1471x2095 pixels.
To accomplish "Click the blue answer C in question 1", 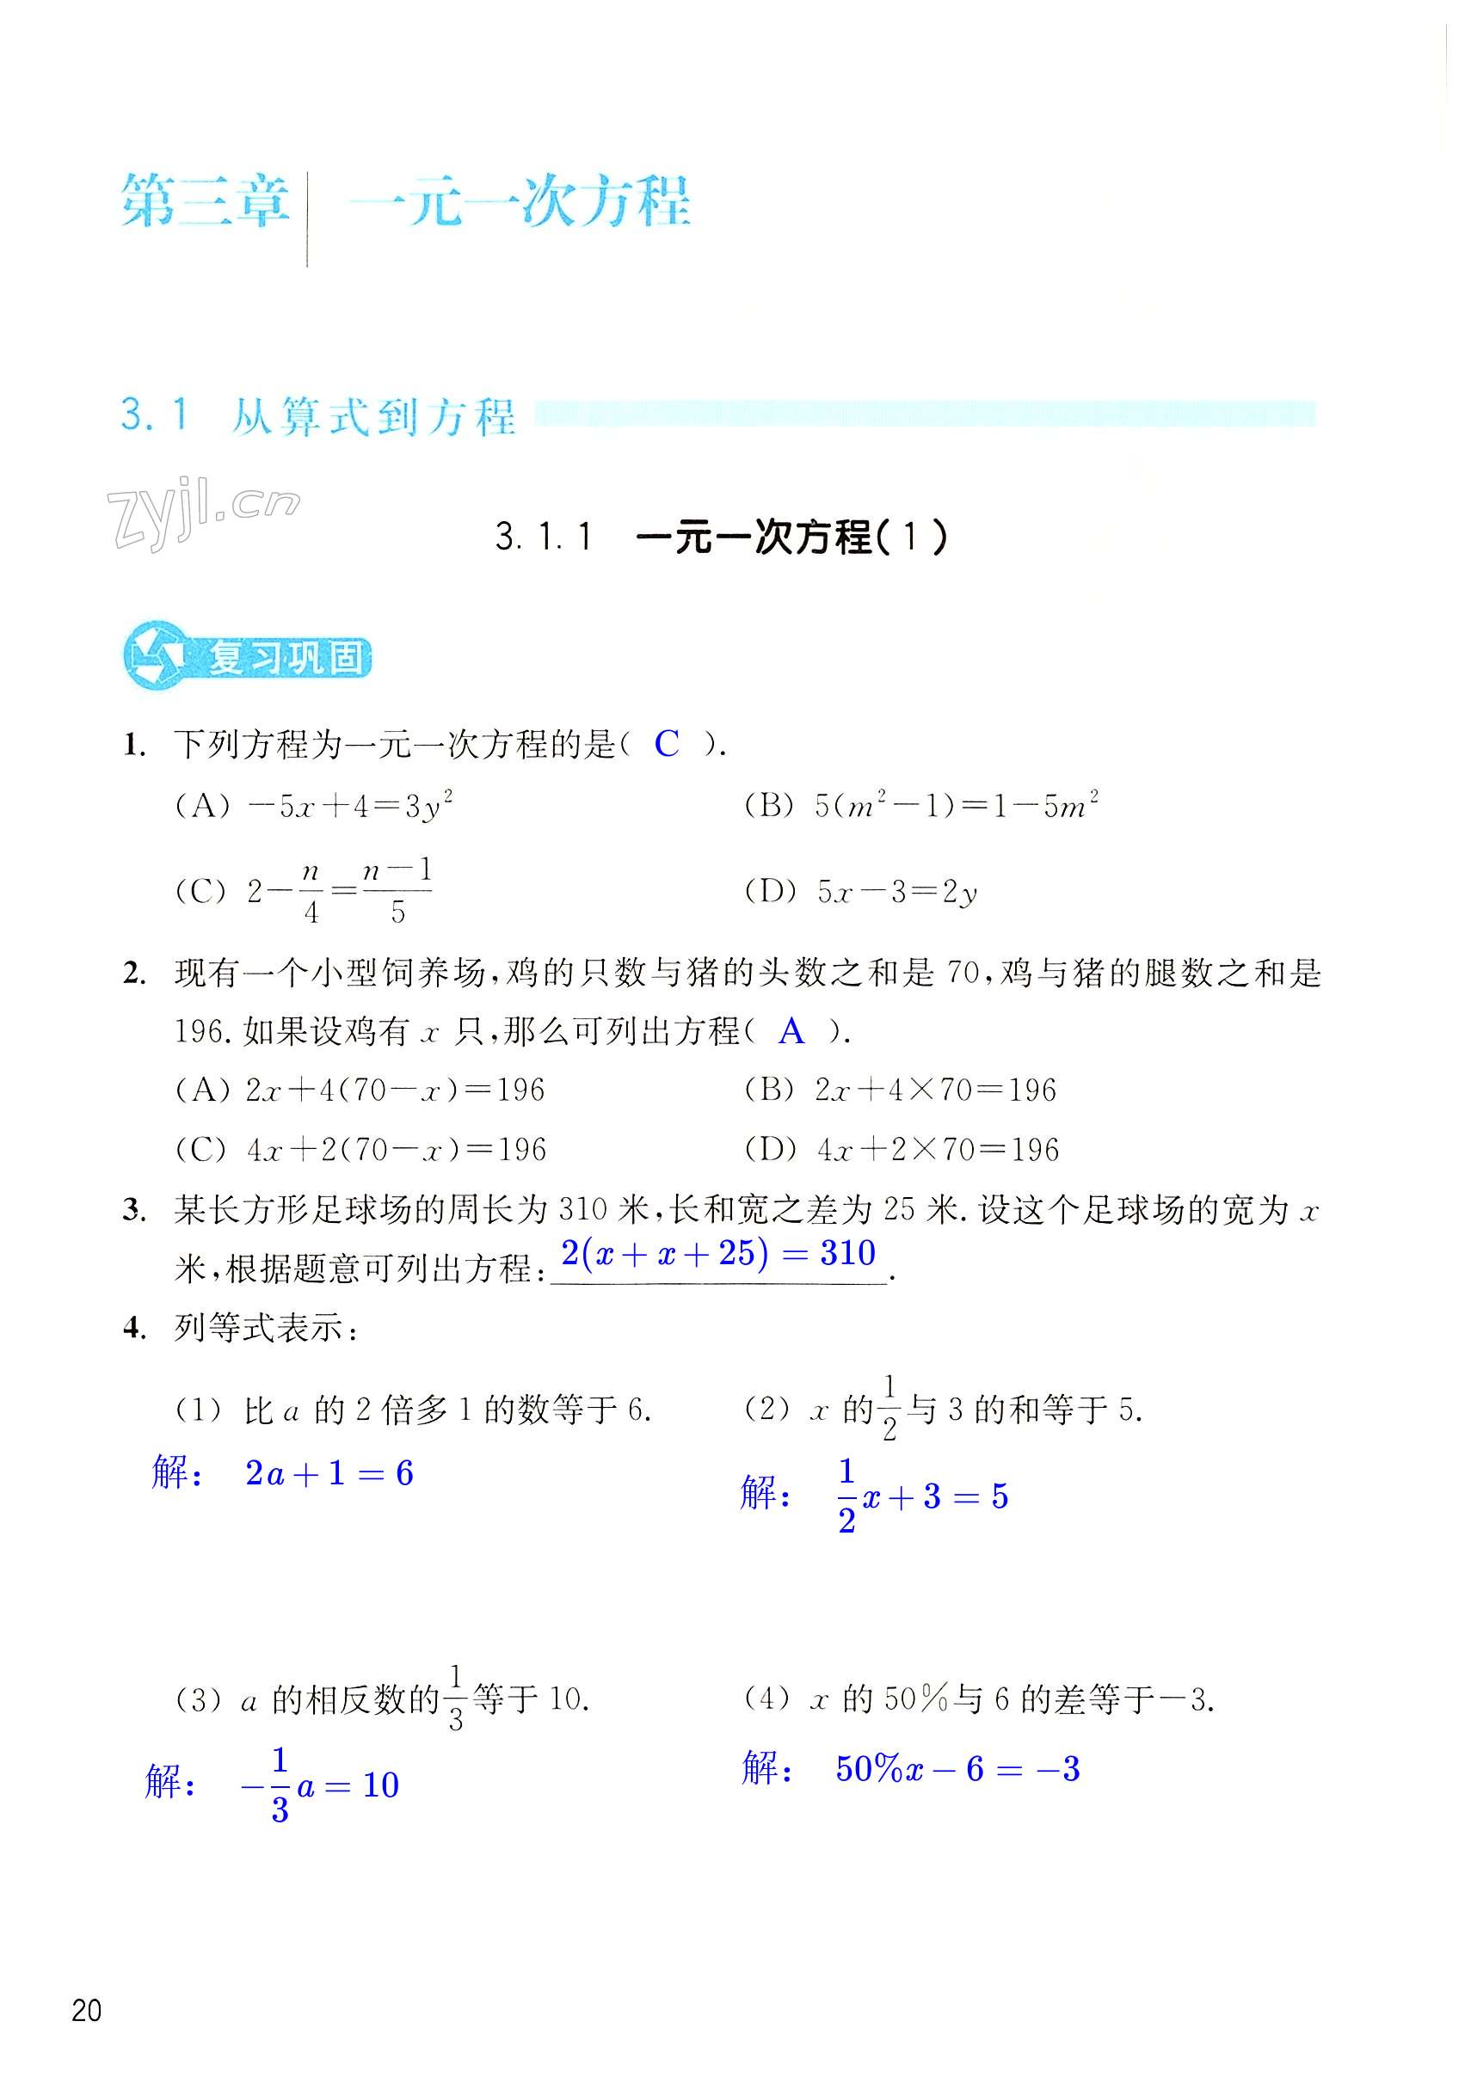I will click(x=667, y=745).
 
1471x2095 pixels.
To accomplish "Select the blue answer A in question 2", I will click(x=791, y=1032).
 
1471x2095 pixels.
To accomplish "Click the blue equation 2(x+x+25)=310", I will click(x=718, y=1254).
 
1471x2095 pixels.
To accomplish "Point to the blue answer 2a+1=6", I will click(x=329, y=1472).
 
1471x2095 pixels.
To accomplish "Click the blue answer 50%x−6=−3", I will click(x=957, y=1769).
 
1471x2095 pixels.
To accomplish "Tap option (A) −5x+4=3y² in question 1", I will click(x=314, y=807).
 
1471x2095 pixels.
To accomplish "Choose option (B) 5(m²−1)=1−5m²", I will click(x=920, y=807).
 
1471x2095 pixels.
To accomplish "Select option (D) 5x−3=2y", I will click(x=860, y=892).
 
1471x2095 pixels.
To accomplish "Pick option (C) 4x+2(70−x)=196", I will click(x=360, y=1150).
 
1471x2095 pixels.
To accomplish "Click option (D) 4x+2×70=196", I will click(x=902, y=1150).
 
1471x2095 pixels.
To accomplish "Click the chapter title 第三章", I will click(x=206, y=201).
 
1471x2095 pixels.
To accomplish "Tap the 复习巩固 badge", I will click(x=249, y=657).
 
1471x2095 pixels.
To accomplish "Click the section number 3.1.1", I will click(x=544, y=537).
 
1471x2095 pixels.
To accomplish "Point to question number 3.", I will click(x=134, y=1212).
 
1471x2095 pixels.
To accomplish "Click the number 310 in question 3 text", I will click(x=583, y=1211).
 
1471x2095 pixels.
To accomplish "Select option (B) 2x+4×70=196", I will click(x=900, y=1091).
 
